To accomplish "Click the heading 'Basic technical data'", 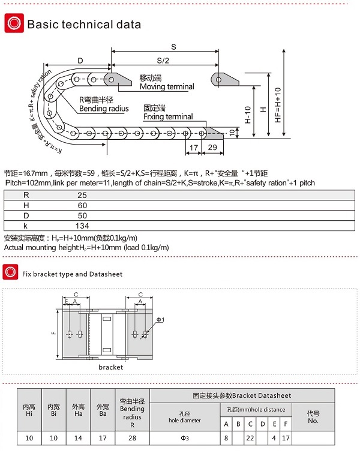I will (84, 25).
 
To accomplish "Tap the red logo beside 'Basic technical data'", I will (13, 24).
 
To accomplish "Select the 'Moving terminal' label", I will (167, 86).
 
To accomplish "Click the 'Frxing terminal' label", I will (168, 116).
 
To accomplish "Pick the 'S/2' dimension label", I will (163, 60).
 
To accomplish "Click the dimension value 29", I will (212, 147).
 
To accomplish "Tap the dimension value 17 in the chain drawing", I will (193, 147).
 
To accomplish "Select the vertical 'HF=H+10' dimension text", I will (277, 106).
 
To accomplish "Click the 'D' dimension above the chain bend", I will (80, 60).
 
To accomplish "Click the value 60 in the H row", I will (82, 205).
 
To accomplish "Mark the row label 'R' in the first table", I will (26, 196).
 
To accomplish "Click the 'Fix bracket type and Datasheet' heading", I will (72, 274).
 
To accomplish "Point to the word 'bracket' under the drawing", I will (110, 367).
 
